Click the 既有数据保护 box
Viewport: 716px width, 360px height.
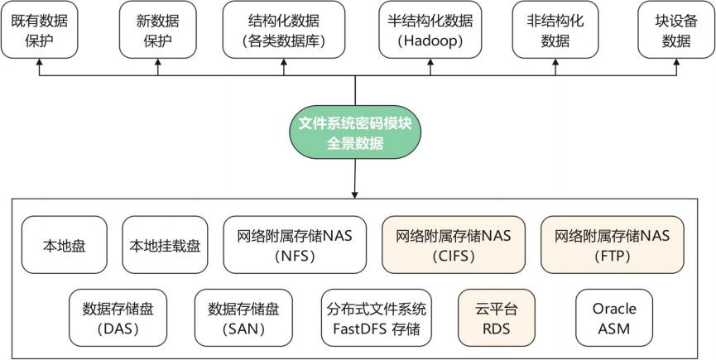[x=40, y=30]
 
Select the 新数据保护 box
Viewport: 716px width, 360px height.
[x=158, y=30]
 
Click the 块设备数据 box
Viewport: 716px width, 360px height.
[x=676, y=30]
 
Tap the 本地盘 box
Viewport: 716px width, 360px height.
[x=65, y=246]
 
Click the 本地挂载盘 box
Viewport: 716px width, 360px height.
[x=166, y=246]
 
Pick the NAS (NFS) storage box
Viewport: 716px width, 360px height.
[x=295, y=246]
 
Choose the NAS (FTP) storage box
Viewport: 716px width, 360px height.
[x=612, y=246]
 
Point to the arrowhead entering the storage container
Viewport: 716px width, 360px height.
[x=355, y=194]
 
